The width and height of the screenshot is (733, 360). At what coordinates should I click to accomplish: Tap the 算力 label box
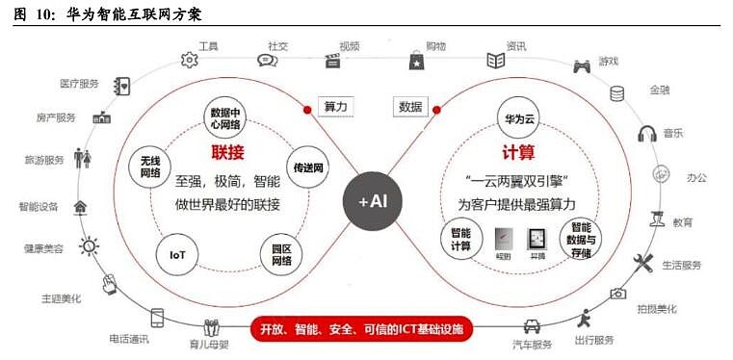(x=335, y=106)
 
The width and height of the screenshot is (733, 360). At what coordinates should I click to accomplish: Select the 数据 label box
(x=408, y=106)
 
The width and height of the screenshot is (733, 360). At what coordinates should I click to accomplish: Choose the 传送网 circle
(x=307, y=167)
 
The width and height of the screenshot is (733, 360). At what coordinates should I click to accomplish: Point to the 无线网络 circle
(x=149, y=167)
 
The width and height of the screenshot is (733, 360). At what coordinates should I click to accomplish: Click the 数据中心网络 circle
(x=227, y=118)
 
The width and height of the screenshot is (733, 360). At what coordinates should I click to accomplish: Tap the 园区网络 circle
(x=282, y=254)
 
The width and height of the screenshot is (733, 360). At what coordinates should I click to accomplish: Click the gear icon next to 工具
(x=189, y=59)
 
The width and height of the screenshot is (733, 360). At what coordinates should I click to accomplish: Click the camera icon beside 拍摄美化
(x=617, y=293)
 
